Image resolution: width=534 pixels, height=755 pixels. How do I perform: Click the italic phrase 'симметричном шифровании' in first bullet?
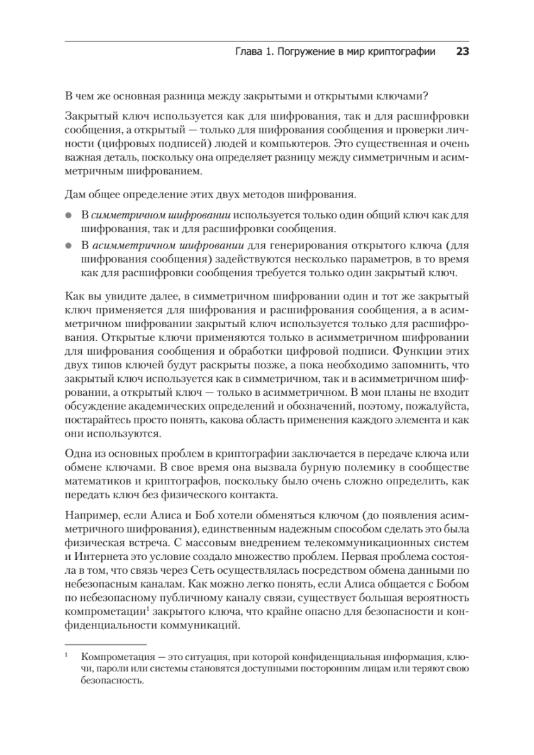[165, 215]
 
